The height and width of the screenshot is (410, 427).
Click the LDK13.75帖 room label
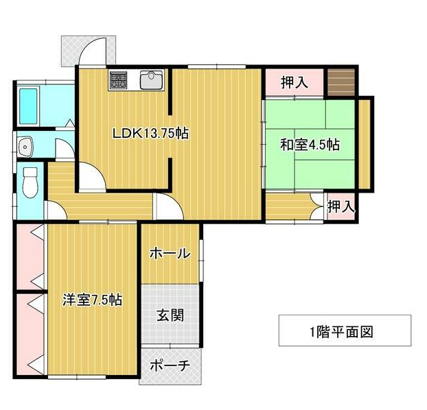(x=150, y=133)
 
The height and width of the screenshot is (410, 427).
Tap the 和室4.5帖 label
(x=310, y=145)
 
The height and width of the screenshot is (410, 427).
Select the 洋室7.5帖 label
(x=92, y=300)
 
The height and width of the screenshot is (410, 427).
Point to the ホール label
(x=170, y=253)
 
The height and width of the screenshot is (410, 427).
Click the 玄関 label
(x=170, y=315)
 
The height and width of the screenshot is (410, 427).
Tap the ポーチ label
(x=170, y=365)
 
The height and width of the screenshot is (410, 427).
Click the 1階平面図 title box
(x=345, y=330)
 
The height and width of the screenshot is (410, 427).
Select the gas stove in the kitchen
(x=118, y=80)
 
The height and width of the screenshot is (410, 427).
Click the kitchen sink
(x=152, y=80)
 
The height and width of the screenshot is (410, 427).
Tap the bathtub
(x=28, y=106)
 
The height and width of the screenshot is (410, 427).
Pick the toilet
(x=30, y=182)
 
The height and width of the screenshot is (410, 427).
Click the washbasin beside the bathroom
(x=25, y=147)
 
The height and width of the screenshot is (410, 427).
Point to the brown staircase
(x=341, y=82)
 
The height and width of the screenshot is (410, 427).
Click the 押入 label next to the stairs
(x=295, y=82)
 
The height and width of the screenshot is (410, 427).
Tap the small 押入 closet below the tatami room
(x=341, y=206)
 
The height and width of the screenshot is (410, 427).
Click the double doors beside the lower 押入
(x=317, y=206)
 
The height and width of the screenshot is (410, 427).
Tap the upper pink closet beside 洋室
(x=30, y=256)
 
